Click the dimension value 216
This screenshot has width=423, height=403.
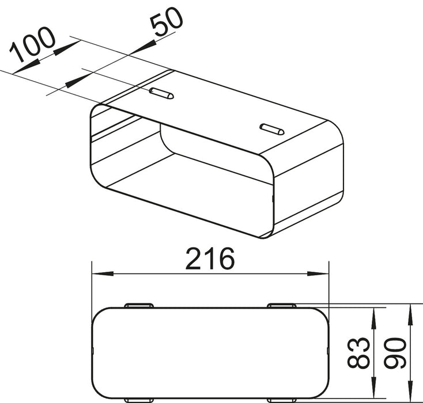tap(210, 260)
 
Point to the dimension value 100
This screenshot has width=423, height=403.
tap(33, 44)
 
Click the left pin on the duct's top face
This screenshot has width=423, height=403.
tap(161, 93)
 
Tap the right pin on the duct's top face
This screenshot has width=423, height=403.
tap(271, 129)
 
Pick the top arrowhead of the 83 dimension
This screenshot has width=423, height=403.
tap(375, 314)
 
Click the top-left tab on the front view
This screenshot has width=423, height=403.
tap(139, 305)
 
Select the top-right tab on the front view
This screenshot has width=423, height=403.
tap(281, 305)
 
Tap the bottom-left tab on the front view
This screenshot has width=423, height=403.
tap(139, 400)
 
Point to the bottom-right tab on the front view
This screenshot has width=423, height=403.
tap(281, 400)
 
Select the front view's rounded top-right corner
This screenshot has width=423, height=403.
tap(322, 314)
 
